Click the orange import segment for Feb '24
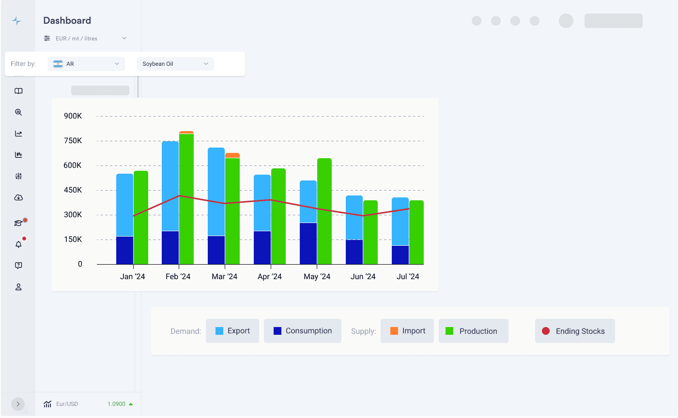pos(186,132)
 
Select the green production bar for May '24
pos(324,211)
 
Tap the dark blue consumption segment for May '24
pos(308,243)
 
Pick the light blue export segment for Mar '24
pos(216,192)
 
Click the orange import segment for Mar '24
pos(232,155)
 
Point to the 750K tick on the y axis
pos(73,141)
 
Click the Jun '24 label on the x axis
pos(363,277)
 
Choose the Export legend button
pos(232,331)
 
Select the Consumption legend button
pos(303,331)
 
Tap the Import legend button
pos(407,331)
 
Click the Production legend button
pos(473,331)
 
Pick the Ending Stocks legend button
pos(575,331)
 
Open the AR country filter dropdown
pos(86,64)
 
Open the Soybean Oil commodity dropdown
pos(175,64)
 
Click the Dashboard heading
pos(67,20)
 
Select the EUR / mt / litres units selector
pos(85,38)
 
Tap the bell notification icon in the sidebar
pos(18,244)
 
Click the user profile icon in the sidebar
pos(18,287)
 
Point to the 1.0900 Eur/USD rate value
pos(117,404)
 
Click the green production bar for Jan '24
pos(141,217)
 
